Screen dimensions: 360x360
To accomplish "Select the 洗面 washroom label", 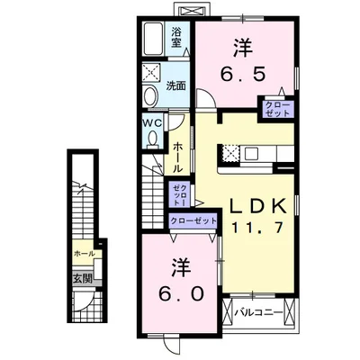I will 176,86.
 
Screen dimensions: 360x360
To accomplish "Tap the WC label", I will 152,123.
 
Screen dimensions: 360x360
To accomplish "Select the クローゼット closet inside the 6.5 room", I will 275,110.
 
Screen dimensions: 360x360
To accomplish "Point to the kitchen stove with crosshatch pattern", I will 229,153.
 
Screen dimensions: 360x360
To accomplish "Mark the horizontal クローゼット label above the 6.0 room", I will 193,220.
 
